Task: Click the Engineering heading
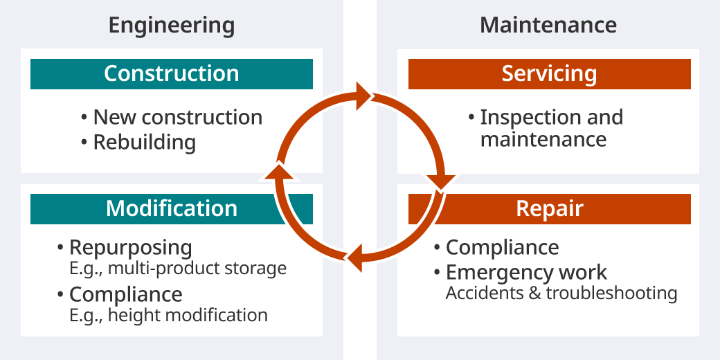172,26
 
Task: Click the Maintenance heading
548,26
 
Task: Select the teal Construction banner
172,74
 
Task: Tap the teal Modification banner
172,208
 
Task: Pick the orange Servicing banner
549,74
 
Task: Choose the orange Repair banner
549,208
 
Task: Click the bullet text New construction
177,117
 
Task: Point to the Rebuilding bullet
144,142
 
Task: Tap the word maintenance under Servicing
543,139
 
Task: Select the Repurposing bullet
130,247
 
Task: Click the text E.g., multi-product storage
177,268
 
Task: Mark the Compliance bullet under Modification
125,294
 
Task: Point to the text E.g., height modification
168,315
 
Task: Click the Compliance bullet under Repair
502,247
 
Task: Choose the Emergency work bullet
526,272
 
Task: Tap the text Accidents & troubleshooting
561,293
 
